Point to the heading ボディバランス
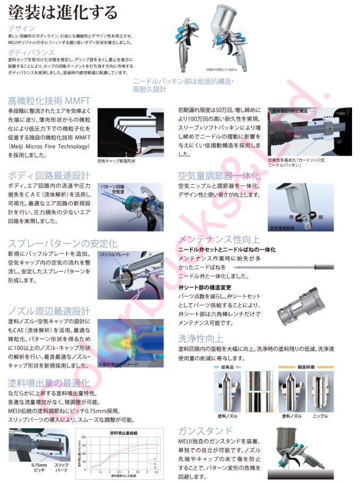pos(31,53)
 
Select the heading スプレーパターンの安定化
pos(63,244)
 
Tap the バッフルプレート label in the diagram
pos(115,256)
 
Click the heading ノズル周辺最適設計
pos(49,311)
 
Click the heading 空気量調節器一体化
pos(219,175)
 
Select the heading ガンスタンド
pos(205,430)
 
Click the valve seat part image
pos(302,306)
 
